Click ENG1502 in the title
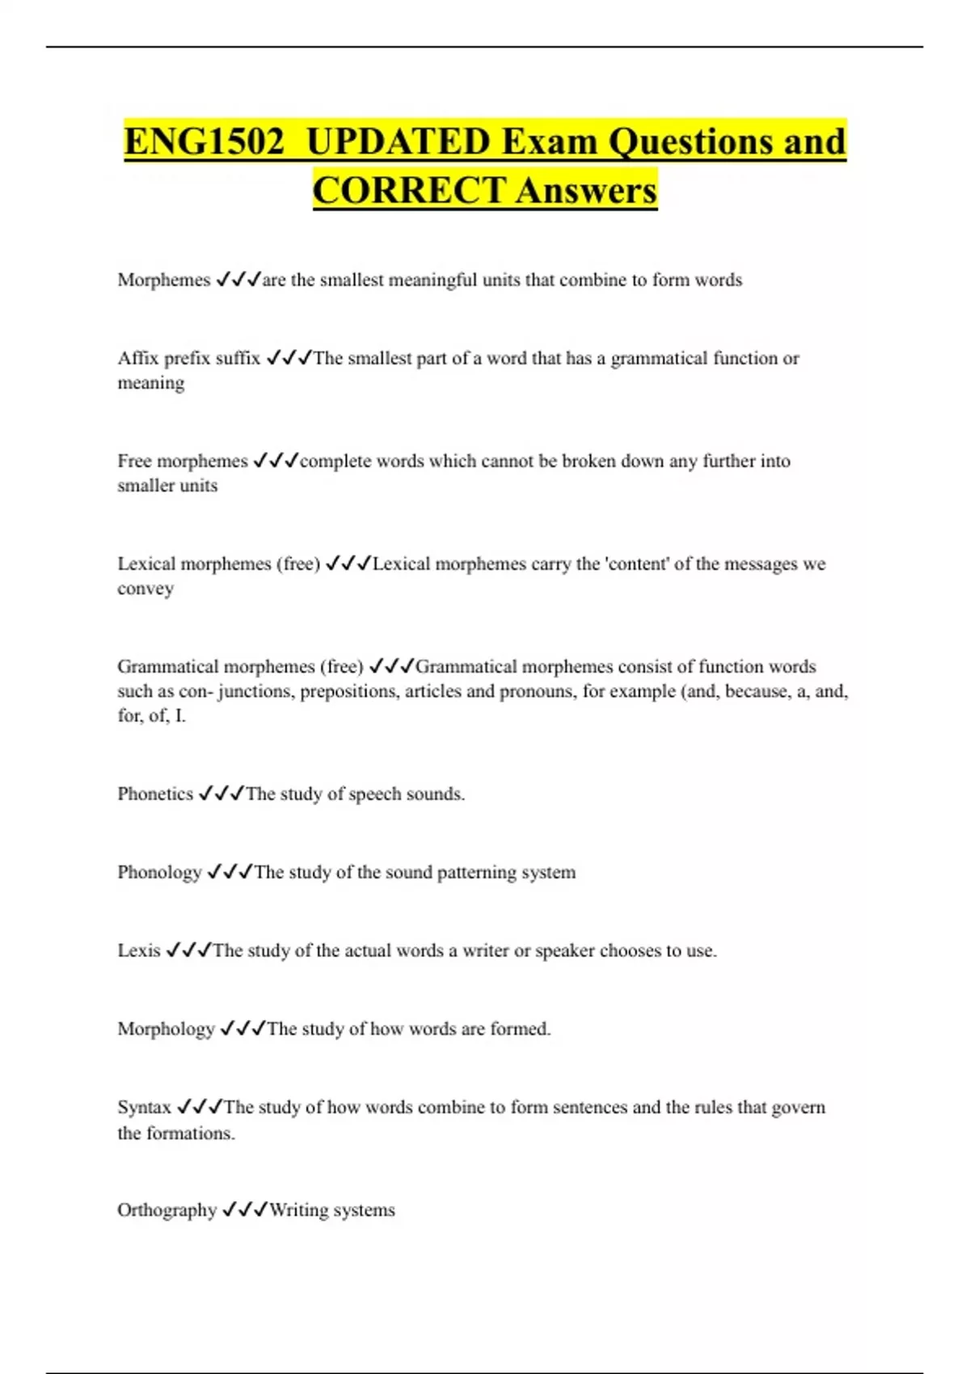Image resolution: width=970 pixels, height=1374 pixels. click(x=205, y=142)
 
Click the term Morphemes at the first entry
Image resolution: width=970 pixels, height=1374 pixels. click(x=163, y=280)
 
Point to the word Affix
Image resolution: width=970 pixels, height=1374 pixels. click(x=138, y=358)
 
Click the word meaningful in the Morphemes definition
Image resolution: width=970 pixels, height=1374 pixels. click(x=432, y=280)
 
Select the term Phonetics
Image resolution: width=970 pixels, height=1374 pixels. click(x=155, y=794)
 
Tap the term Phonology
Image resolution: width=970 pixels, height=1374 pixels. click(x=159, y=872)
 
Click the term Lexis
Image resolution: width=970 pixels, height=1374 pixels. click(x=139, y=950)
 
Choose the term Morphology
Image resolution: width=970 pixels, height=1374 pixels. click(x=166, y=1029)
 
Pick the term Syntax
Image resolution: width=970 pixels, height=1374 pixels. click(x=144, y=1107)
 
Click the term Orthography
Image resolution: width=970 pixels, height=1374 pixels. click(x=167, y=1210)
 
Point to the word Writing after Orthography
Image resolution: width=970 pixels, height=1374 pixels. click(x=298, y=1210)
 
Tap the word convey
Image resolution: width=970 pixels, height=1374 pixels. click(x=145, y=588)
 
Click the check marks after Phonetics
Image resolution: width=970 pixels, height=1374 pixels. click(x=221, y=794)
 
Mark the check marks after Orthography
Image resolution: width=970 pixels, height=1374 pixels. click(x=244, y=1210)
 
